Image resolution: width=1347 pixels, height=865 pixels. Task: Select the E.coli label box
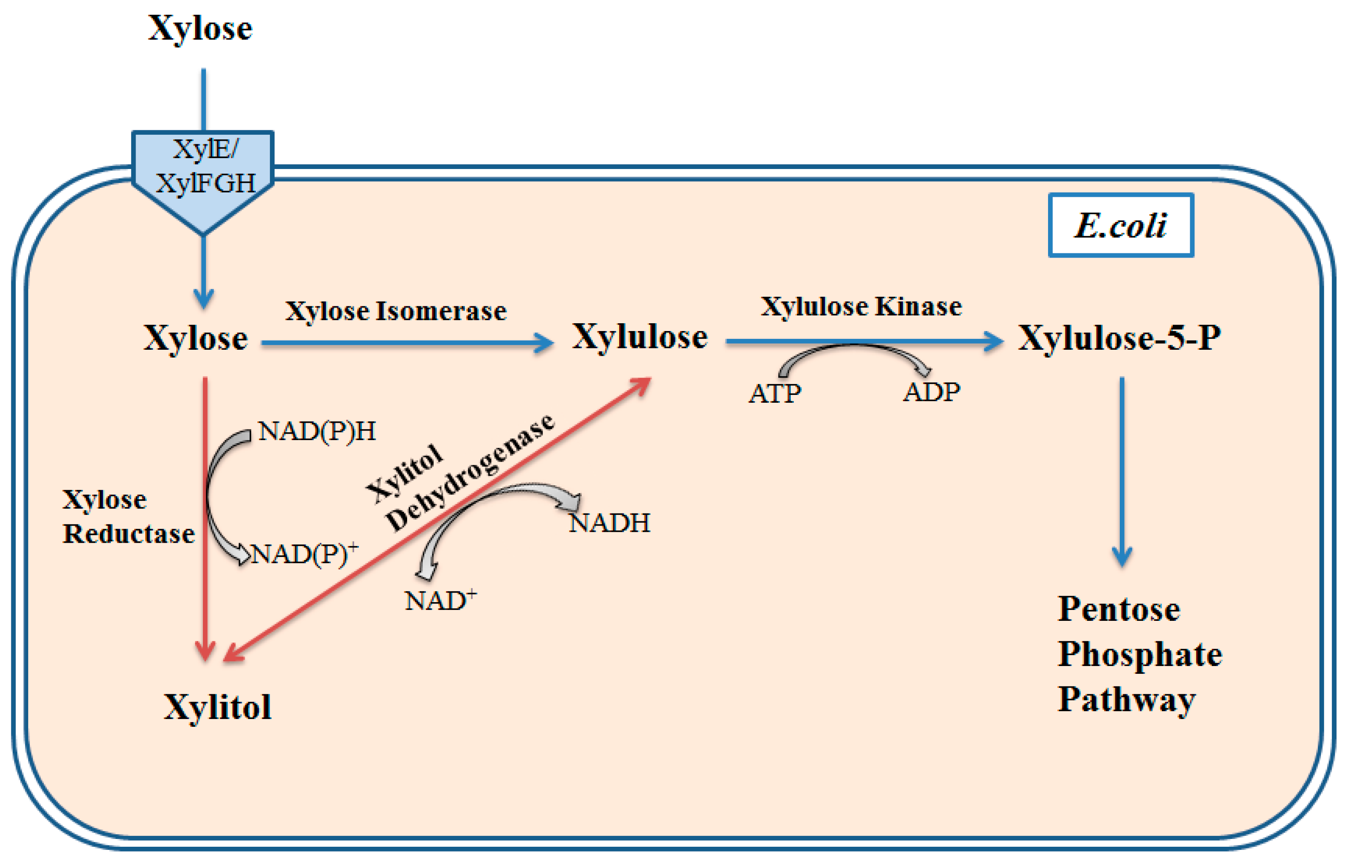click(1121, 225)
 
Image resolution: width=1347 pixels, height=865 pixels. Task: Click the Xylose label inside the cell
click(196, 338)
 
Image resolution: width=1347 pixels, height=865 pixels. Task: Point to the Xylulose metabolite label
click(640, 337)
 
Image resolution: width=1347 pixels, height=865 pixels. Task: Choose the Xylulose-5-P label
click(1119, 338)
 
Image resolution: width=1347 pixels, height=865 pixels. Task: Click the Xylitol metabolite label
click(217, 706)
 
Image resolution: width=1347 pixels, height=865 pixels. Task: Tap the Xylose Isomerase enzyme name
click(395, 311)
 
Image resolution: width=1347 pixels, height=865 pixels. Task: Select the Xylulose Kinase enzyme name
click(861, 307)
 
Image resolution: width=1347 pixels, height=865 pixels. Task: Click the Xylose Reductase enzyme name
click(128, 516)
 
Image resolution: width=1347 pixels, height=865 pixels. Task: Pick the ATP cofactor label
click(775, 393)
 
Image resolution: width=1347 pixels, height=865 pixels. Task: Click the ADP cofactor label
click(931, 392)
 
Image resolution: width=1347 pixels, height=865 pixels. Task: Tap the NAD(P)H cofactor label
click(317, 431)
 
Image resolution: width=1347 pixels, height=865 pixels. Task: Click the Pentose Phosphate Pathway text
click(1139, 654)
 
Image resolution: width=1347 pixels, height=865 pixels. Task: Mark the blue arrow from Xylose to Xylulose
click(407, 343)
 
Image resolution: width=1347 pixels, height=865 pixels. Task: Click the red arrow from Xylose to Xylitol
click(205, 517)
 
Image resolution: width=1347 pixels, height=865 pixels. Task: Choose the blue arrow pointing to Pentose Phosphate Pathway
click(1122, 472)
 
